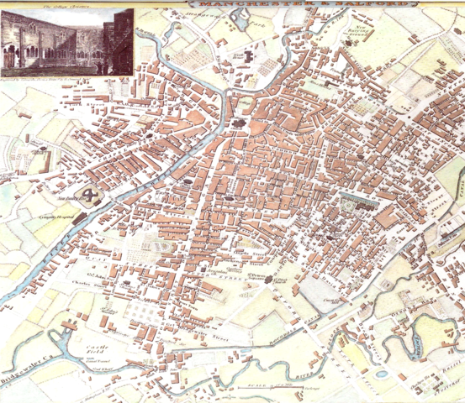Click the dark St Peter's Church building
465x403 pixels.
(269, 280)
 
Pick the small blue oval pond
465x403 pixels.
(383, 374)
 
